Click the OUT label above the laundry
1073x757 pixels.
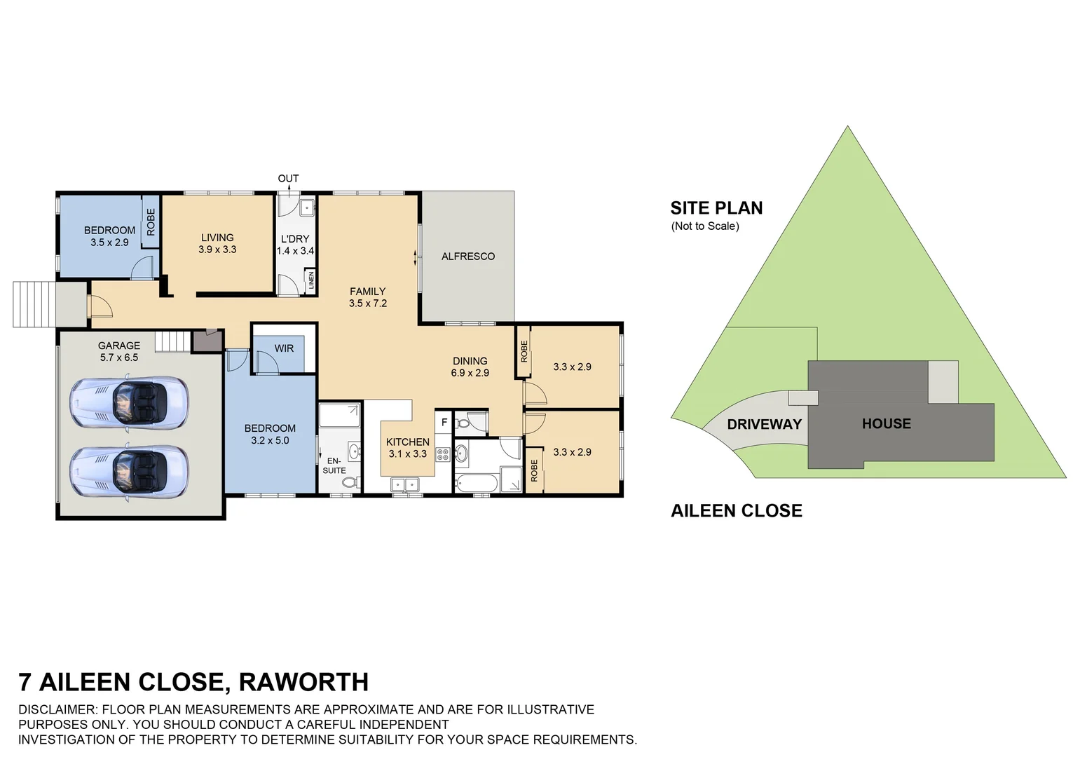pyautogui.click(x=288, y=179)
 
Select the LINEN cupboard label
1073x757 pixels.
pyautogui.click(x=311, y=280)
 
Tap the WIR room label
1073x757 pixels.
pyautogui.click(x=284, y=348)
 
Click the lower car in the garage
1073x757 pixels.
pyautogui.click(x=129, y=472)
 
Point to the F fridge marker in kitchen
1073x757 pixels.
pyautogui.click(x=444, y=423)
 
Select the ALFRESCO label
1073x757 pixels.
pyautogui.click(x=467, y=257)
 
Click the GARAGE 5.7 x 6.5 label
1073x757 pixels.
pyautogui.click(x=118, y=351)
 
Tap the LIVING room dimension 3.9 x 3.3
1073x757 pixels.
pyautogui.click(x=217, y=250)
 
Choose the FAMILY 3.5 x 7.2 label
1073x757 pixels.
pyautogui.click(x=367, y=297)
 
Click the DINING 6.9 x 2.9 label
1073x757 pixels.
pyautogui.click(x=470, y=367)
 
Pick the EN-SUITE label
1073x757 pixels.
pyautogui.click(x=334, y=465)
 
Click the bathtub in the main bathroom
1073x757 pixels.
pyautogui.click(x=477, y=483)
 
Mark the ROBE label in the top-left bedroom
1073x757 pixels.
pyautogui.click(x=151, y=222)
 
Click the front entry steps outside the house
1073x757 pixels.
pyautogui.click(x=33, y=304)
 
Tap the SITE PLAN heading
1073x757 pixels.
pyautogui.click(x=716, y=208)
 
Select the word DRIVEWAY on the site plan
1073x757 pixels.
pyautogui.click(x=764, y=424)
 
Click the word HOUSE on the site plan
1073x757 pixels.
pyautogui.click(x=886, y=423)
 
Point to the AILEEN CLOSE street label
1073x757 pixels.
pyautogui.click(x=736, y=511)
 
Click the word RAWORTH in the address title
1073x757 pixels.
pyautogui.click(x=303, y=682)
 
